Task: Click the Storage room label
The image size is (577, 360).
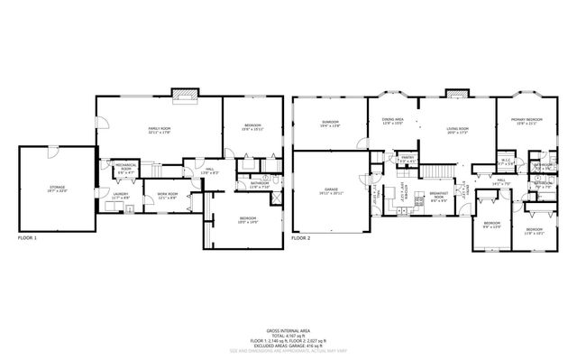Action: [56, 189]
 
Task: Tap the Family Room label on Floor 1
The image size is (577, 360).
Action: [160, 131]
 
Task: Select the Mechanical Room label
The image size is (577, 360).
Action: [125, 169]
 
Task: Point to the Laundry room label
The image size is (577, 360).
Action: [121, 196]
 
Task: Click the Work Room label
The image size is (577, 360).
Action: [167, 196]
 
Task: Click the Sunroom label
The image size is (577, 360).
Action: [330, 124]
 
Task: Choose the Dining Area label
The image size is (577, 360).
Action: [392, 121]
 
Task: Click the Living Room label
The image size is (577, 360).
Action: [457, 131]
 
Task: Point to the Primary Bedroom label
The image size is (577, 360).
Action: [527, 122]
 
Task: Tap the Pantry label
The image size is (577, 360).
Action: [407, 159]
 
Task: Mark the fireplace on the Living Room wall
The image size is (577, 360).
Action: [458, 93]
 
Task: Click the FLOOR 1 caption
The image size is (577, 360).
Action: [28, 239]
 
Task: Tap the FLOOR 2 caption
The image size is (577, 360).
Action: [300, 239]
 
